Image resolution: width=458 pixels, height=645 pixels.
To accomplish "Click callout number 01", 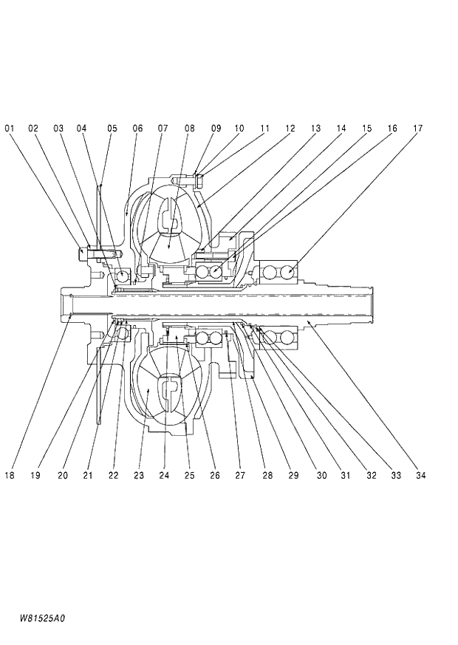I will click(10, 129).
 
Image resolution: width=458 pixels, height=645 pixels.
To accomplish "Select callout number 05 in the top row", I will click(112, 129).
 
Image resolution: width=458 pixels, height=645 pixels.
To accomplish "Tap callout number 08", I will click(190, 129).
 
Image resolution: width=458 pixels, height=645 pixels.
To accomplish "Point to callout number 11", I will click(264, 129).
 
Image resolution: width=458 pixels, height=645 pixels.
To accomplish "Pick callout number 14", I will click(341, 129).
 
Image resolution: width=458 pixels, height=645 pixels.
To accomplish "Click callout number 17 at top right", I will click(417, 129).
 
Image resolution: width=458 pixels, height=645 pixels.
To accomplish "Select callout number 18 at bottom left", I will click(10, 476).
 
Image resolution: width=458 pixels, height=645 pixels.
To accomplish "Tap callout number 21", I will click(88, 476).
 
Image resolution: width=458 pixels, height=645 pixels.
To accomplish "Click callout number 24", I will click(164, 476).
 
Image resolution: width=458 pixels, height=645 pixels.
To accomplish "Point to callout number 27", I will click(240, 476).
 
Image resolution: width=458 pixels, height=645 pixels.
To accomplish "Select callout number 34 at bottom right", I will click(420, 476).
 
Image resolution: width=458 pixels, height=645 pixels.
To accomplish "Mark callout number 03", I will click(58, 129).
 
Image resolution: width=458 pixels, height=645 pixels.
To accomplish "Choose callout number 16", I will click(392, 129).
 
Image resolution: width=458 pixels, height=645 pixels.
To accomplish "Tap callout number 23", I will click(138, 476).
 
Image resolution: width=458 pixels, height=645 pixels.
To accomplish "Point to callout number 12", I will click(290, 129).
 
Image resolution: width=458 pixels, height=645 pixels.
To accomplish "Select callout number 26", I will click(215, 476).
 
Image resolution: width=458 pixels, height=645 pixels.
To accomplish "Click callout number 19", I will click(35, 476).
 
